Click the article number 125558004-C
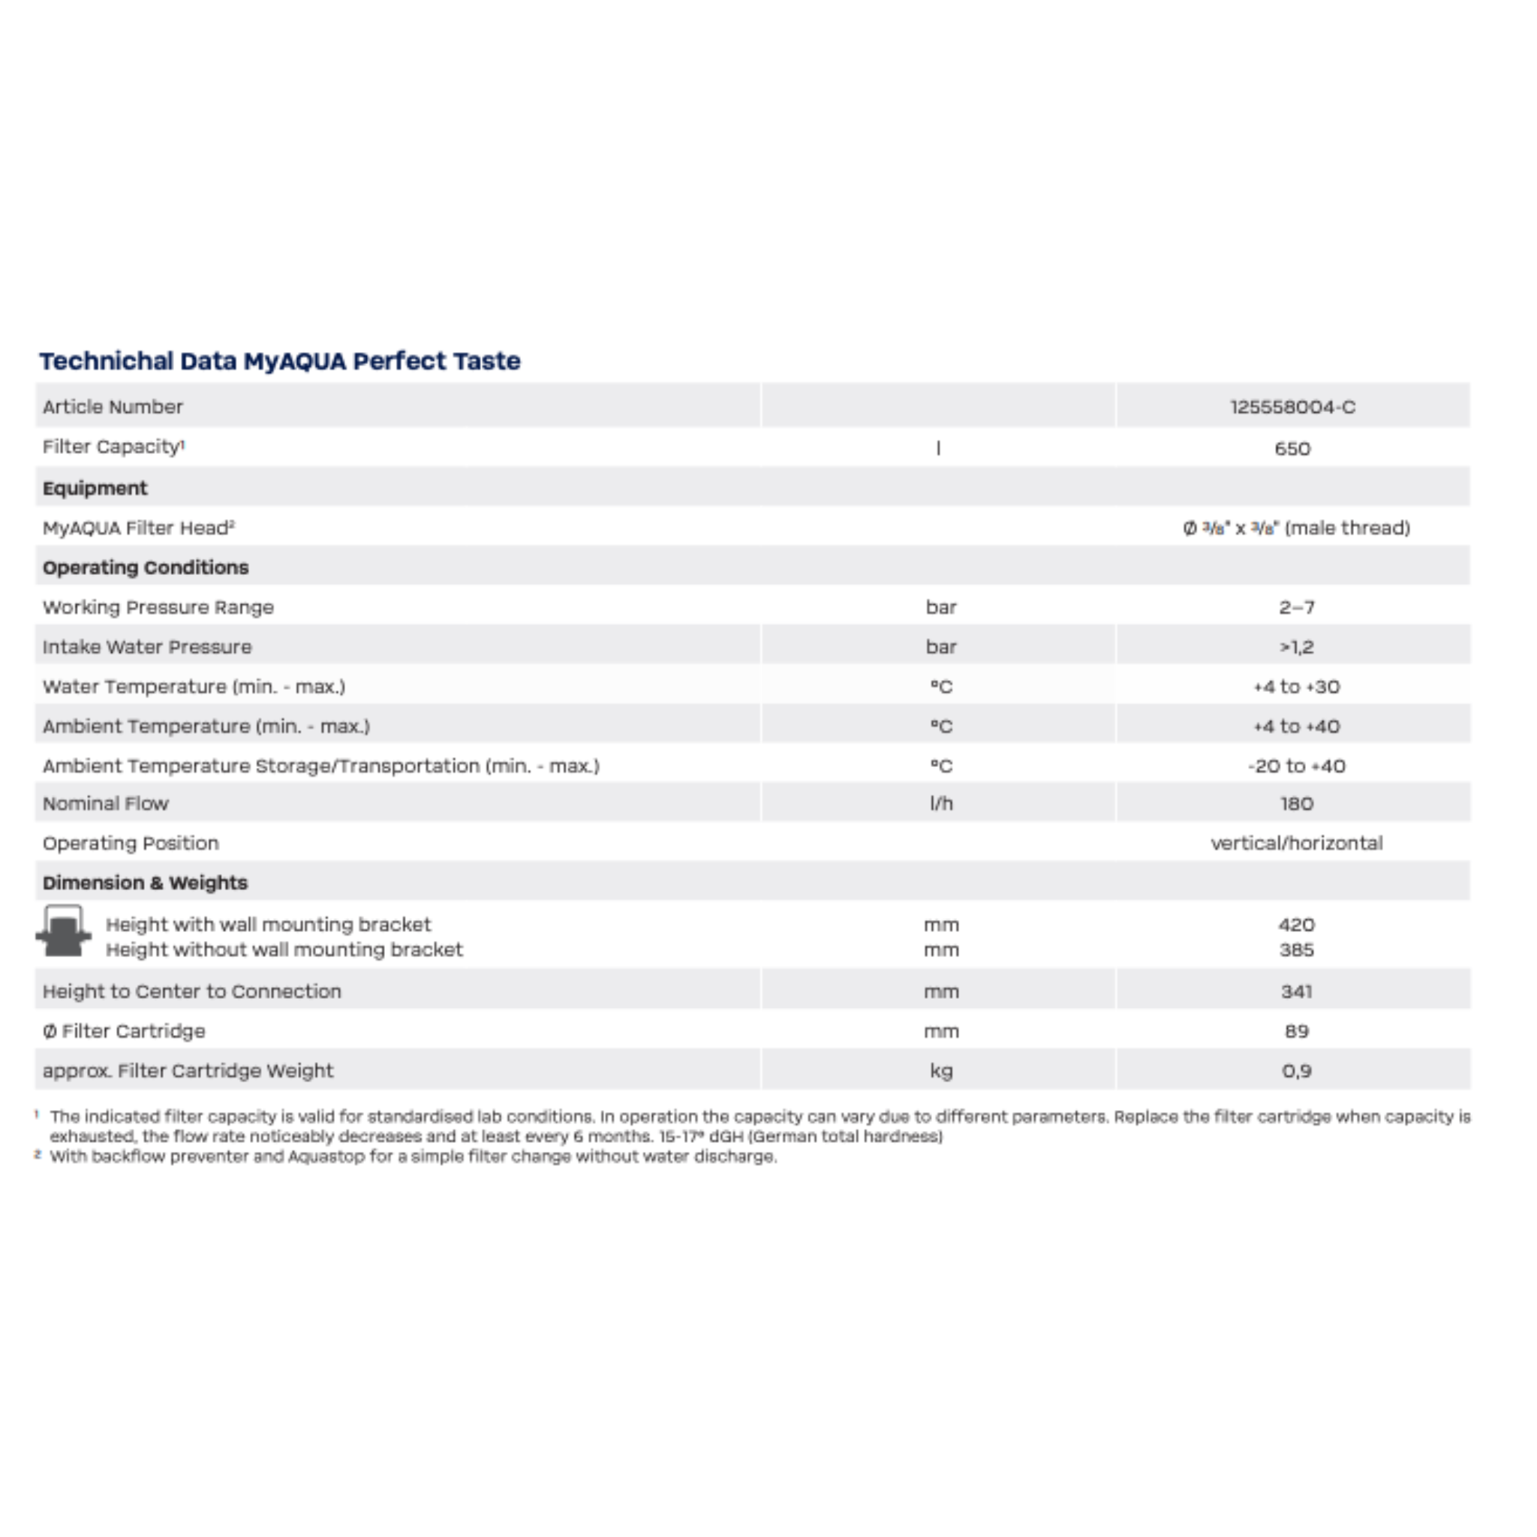(x=1292, y=407)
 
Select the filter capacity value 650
(x=1292, y=448)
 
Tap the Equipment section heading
(x=95, y=488)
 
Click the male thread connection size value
(x=1296, y=528)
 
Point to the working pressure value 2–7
(x=1296, y=607)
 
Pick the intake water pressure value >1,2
(x=1296, y=647)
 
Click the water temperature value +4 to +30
(x=1296, y=687)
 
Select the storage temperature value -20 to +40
(x=1296, y=766)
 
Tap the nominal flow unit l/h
(x=940, y=804)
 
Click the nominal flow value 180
(x=1296, y=804)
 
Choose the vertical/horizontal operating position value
(x=1296, y=844)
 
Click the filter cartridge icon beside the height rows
(x=64, y=931)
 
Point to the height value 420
(x=1296, y=925)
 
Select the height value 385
(x=1296, y=950)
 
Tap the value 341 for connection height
(x=1296, y=991)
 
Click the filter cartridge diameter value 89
(x=1296, y=1031)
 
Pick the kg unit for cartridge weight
(x=940, y=1071)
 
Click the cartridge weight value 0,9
(x=1296, y=1071)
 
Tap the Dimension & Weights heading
(x=145, y=883)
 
